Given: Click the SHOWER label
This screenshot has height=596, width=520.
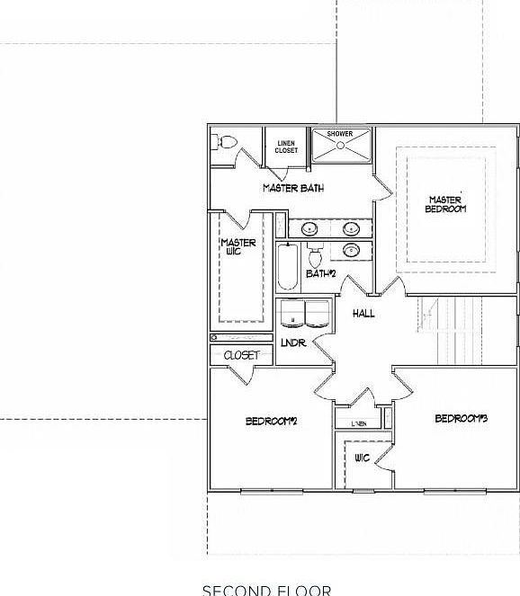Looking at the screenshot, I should point(339,134).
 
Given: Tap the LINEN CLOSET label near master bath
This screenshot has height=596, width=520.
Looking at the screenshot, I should point(286,147).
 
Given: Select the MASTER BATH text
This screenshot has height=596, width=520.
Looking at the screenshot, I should point(293,188).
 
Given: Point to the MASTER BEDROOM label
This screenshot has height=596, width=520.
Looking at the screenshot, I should point(446,204).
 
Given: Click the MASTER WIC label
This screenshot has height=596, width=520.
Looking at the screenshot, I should point(238,248).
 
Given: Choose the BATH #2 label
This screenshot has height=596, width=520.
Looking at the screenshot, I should point(320,273).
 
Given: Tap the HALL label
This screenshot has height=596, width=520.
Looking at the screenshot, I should point(363,313).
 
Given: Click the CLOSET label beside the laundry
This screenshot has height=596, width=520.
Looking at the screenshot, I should point(241,355).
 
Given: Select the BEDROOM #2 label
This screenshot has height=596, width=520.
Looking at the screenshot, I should point(272,421).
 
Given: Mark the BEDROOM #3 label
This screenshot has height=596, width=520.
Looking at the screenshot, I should point(461,418).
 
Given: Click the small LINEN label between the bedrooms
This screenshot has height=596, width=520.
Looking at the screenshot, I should point(359,422).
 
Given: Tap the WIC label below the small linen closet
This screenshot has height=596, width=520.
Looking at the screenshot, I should point(363,458).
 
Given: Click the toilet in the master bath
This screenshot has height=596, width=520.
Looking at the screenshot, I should point(225,142).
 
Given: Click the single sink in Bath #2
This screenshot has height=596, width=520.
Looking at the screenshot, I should point(352,250).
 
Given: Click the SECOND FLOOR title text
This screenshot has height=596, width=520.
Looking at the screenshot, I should point(266,590).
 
